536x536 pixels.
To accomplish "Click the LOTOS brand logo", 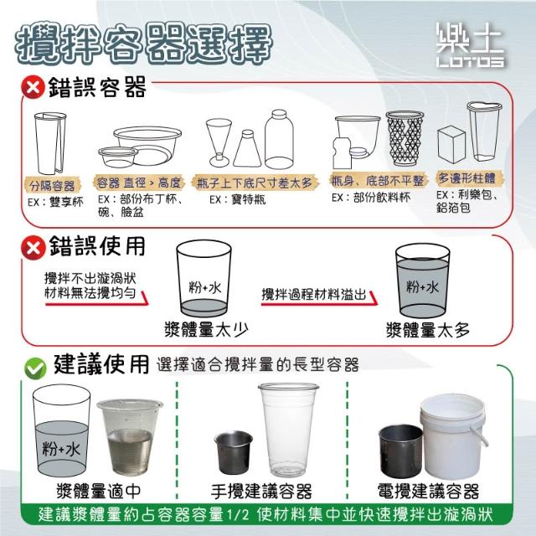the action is [470, 44].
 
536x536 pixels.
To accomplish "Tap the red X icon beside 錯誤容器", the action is [33, 87].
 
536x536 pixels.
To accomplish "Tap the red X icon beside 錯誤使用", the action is [33, 247].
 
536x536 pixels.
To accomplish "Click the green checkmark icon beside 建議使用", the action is [35, 368].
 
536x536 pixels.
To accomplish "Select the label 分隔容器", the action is [52, 186].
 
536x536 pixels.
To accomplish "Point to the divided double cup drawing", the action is [50, 143].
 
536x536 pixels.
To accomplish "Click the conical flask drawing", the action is [248, 148].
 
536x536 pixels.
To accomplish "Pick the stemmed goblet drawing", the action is [219, 142].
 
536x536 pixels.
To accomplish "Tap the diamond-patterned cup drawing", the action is [405, 138].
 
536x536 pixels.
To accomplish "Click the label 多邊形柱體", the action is [467, 178].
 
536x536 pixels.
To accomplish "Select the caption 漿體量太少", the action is [206, 329].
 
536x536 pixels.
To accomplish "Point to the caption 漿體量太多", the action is [428, 330].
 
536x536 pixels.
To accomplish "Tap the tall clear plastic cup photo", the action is [288, 430].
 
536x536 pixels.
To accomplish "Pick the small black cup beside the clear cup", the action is [234, 452].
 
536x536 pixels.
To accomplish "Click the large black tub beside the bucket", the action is [400, 451].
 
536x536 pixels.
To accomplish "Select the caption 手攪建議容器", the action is [261, 492].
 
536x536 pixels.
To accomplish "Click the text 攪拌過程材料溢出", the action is [314, 294].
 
